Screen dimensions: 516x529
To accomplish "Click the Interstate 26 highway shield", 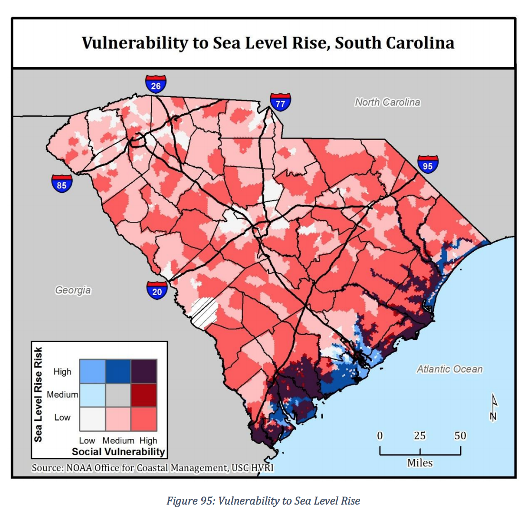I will (156, 84).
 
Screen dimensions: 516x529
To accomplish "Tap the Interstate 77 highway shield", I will (280, 101).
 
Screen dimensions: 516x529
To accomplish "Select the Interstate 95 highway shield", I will (428, 164).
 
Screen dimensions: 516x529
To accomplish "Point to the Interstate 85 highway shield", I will (62, 184).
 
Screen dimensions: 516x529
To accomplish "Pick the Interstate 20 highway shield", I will (157, 290).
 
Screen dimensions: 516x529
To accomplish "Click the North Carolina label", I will (387, 102).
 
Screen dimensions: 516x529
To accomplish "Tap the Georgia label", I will (73, 290).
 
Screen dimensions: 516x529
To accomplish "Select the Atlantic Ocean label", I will (450, 369).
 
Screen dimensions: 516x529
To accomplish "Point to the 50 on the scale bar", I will (460, 436).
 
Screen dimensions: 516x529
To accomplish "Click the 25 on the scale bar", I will (420, 436).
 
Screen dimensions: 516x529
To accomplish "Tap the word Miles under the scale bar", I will (420, 462).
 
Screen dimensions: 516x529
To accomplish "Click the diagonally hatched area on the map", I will (204, 312).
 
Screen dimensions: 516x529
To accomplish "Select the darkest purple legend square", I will (143, 371).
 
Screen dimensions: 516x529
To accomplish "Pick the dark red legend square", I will (143, 395).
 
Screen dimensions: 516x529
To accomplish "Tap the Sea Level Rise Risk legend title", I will (39, 394).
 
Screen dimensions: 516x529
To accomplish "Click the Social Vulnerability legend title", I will (118, 451).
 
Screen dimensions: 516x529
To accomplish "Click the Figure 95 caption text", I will (263, 500).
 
